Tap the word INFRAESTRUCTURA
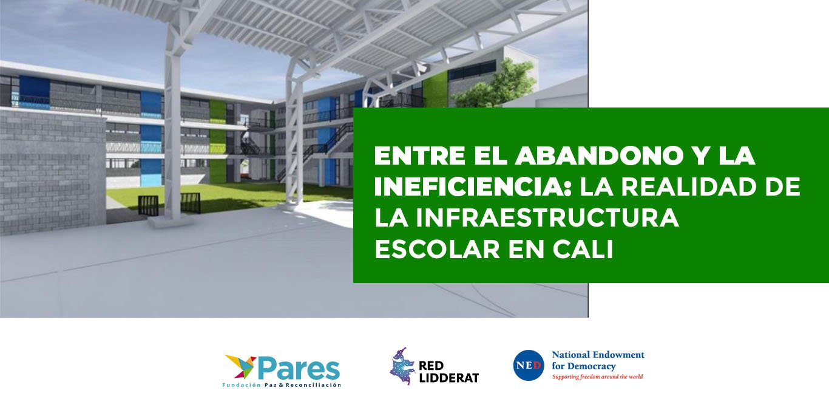526,218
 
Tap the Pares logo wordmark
299,368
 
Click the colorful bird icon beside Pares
240,367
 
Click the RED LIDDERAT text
448,371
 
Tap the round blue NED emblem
529,365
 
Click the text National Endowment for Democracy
597,360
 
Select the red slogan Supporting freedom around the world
597,377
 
